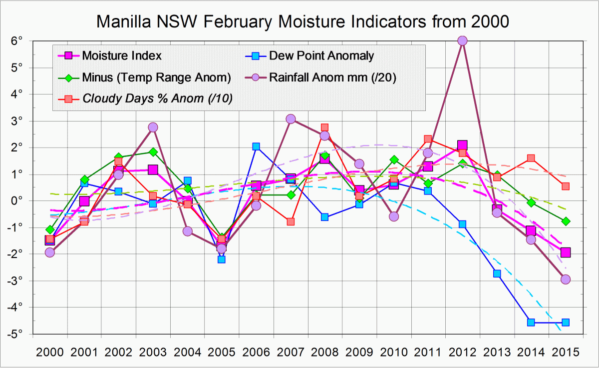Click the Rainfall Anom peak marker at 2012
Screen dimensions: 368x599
click(462, 40)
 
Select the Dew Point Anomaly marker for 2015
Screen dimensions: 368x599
click(566, 322)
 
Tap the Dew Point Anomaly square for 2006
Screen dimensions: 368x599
click(256, 146)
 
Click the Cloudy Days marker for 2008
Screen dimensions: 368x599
click(324, 127)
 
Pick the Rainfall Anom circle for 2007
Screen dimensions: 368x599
click(291, 118)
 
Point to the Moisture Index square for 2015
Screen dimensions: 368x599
click(566, 252)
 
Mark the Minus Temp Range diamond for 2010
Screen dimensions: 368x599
click(394, 159)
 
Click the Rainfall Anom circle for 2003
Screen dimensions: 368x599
click(153, 127)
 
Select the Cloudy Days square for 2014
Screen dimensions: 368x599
click(531, 158)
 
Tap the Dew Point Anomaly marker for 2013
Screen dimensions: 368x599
click(497, 273)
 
